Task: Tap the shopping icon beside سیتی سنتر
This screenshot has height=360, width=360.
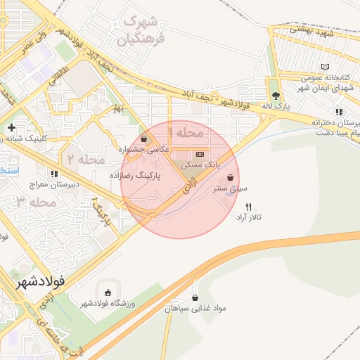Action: click(231, 177)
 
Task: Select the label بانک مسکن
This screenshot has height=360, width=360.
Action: click(200, 164)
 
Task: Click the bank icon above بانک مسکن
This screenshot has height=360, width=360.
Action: click(200, 153)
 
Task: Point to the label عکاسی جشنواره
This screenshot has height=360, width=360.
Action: click(145, 148)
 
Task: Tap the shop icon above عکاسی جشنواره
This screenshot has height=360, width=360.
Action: click(145, 139)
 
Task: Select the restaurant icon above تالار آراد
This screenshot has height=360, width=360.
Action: click(247, 207)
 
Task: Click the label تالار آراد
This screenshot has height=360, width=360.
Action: click(247, 217)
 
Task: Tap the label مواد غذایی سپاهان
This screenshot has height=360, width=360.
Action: click(193, 308)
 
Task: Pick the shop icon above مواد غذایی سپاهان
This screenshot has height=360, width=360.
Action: click(195, 297)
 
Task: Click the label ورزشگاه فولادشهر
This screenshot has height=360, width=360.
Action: click(108, 303)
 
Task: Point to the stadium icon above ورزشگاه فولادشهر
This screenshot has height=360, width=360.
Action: click(108, 292)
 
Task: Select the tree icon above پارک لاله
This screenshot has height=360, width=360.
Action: click(275, 96)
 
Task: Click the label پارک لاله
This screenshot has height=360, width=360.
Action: click(275, 106)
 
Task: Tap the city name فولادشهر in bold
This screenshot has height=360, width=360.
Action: click(39, 281)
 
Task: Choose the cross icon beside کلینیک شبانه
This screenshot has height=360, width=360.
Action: click(11, 128)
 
